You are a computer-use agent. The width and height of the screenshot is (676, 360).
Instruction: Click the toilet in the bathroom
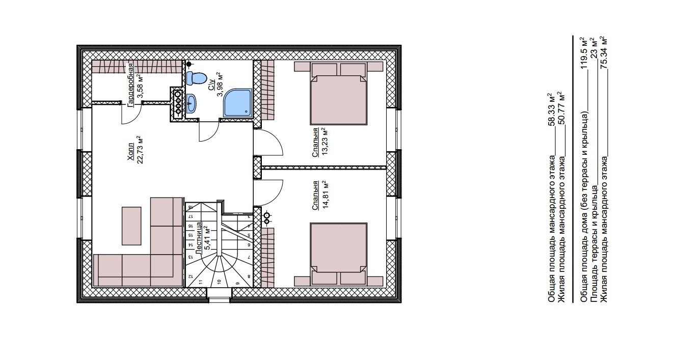pos(196,78)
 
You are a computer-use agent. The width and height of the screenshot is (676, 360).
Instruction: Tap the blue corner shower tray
pos(237,102)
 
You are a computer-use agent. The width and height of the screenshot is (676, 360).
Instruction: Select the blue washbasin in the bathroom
pos(192,103)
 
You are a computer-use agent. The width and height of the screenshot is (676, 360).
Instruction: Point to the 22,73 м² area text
pos(140,150)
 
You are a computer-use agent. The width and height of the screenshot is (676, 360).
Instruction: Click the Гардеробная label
pos(131,85)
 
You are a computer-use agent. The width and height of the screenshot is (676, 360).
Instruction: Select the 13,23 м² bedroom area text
pos(325,141)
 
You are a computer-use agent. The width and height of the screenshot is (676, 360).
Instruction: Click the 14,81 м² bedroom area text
pos(325,195)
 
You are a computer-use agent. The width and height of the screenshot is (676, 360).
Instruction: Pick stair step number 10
pos(219,282)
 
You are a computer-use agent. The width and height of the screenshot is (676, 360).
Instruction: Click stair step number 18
pos(191,207)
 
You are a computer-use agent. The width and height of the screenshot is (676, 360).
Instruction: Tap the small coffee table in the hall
pos(131,226)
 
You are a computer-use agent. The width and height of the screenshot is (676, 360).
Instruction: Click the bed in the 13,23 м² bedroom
pos(339,93)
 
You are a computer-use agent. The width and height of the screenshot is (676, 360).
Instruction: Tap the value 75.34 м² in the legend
pos(604,53)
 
